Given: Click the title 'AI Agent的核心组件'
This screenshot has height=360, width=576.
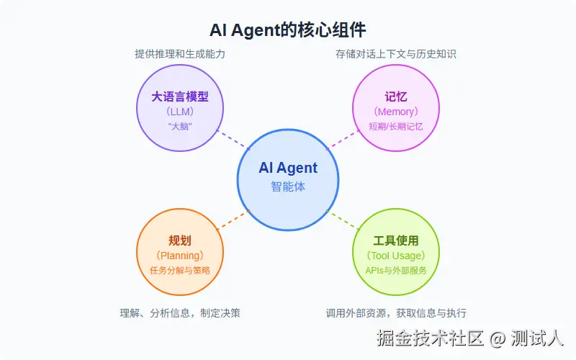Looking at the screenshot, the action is [x=288, y=30].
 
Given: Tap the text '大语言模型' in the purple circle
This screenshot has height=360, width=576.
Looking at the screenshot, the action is [x=180, y=96].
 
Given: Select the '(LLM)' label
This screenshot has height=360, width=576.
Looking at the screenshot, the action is [x=180, y=112].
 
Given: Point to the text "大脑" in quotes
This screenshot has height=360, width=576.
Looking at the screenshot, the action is [x=180, y=126].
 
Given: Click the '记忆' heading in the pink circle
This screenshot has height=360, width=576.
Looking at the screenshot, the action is [x=395, y=96].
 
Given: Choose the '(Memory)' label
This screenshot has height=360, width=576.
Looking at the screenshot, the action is [x=395, y=112].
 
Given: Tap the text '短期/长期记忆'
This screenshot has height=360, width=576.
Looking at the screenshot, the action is [x=395, y=126].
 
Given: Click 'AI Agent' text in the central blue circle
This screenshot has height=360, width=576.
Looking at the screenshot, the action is [x=288, y=168].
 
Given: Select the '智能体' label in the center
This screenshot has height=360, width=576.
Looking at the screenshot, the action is [x=288, y=186].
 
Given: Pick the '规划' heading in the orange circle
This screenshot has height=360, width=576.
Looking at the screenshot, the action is [x=180, y=240].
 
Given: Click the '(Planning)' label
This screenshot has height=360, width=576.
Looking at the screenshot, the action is [x=180, y=256].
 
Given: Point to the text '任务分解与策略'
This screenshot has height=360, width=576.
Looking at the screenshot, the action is [x=180, y=270].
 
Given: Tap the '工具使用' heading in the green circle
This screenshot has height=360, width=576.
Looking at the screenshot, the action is [x=395, y=240].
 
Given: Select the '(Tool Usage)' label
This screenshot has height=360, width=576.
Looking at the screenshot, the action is [x=395, y=256].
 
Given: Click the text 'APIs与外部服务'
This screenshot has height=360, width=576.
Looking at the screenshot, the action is [x=395, y=270].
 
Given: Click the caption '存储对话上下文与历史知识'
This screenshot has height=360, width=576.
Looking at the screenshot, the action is [x=395, y=54].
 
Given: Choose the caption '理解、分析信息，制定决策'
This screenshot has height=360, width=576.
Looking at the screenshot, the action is [x=179, y=313].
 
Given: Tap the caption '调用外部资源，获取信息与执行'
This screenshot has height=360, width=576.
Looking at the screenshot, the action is [x=395, y=313].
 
